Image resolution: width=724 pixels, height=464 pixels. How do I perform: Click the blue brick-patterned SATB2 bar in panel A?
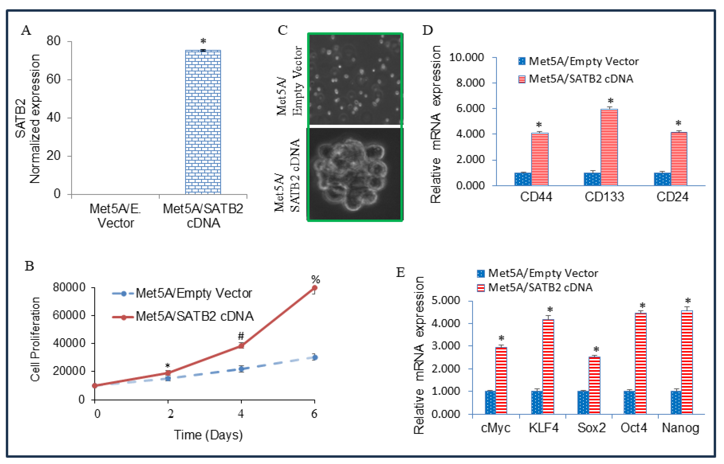pyautogui.click(x=203, y=122)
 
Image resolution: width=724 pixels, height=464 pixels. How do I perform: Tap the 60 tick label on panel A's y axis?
pyautogui.click(x=53, y=79)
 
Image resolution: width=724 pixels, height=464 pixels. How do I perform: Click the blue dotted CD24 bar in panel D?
pyautogui.click(x=662, y=179)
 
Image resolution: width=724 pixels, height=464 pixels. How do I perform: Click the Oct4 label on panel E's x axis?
pyautogui.click(x=633, y=428)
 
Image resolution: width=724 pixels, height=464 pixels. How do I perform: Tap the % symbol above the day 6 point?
pyautogui.click(x=315, y=279)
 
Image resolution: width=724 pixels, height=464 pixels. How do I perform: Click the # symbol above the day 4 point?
pyautogui.click(x=241, y=336)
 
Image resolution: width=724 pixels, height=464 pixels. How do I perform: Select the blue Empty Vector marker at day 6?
pyautogui.click(x=315, y=357)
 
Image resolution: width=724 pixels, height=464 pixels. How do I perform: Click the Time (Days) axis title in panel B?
pyautogui.click(x=208, y=435)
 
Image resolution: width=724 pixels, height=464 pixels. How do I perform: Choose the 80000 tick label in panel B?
pyautogui.click(x=69, y=287)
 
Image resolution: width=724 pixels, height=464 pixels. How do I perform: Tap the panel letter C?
pyautogui.click(x=282, y=30)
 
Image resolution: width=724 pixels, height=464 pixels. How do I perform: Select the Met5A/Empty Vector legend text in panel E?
pyautogui.click(x=543, y=273)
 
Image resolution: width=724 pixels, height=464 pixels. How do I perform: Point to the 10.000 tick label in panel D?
pyautogui.click(x=466, y=57)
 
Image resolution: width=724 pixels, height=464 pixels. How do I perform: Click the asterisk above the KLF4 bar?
pyautogui.click(x=550, y=310)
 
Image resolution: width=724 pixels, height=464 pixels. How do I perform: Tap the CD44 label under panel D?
pyautogui.click(x=536, y=197)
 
